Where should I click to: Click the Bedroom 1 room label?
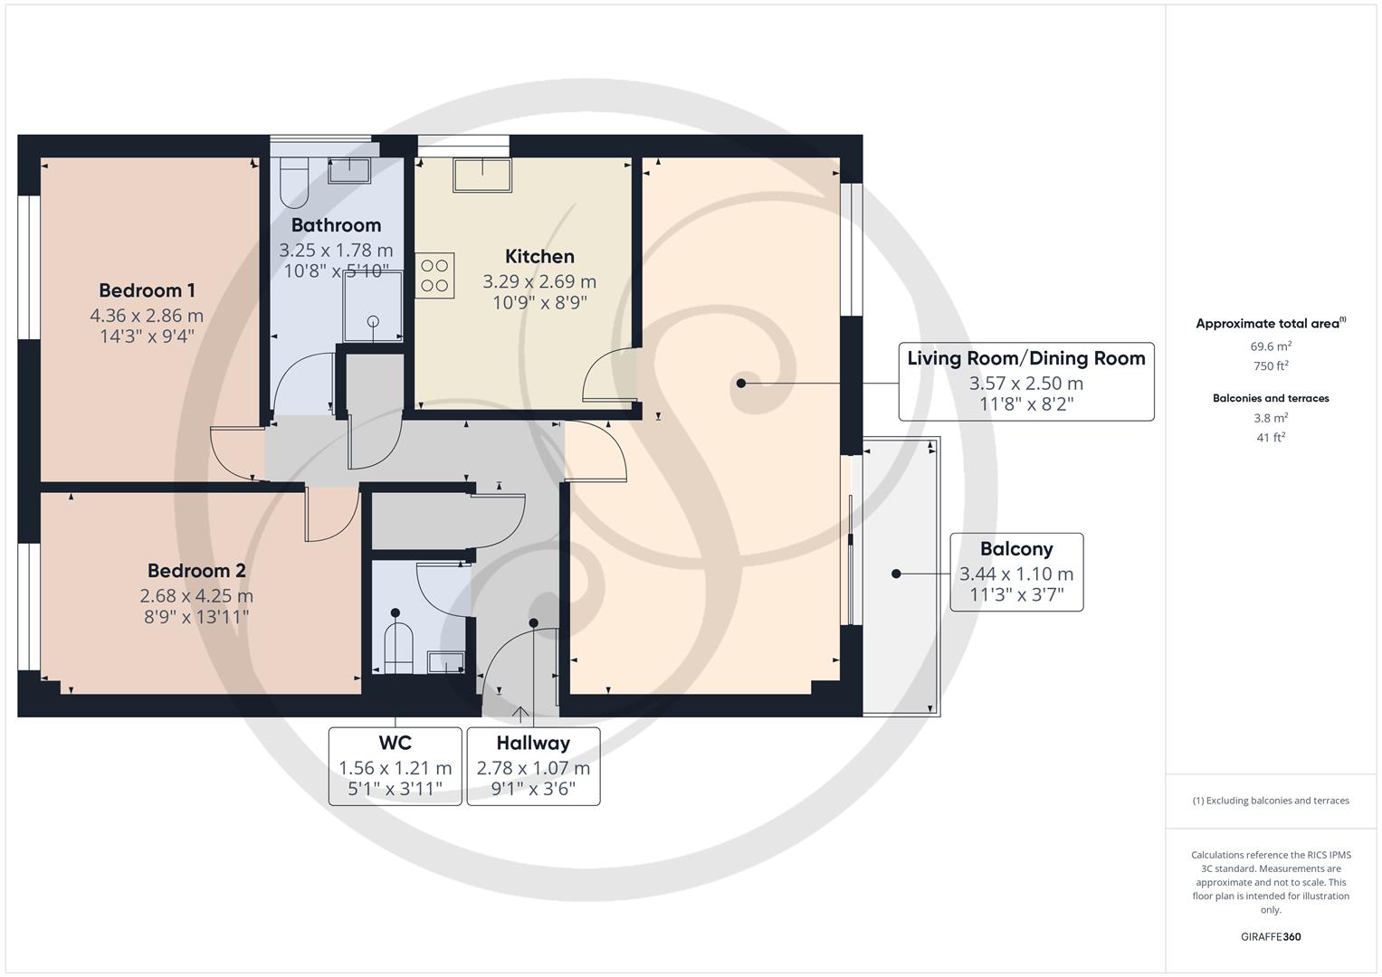(147, 290)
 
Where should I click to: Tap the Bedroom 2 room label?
(196, 571)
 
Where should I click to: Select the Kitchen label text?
(539, 257)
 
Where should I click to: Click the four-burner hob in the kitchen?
(434, 276)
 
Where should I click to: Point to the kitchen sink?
(482, 175)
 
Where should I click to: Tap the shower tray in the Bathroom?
(372, 308)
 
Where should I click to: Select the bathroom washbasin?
(348, 170)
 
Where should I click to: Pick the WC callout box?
(395, 766)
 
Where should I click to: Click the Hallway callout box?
(533, 766)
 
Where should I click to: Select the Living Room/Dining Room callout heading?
(1026, 358)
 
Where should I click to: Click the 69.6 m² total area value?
(1271, 346)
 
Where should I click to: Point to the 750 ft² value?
(1271, 366)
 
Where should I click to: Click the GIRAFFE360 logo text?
(1271, 937)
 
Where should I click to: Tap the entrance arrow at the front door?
(521, 714)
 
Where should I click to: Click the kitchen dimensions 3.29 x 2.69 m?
(539, 281)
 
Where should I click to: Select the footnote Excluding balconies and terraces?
(1271, 801)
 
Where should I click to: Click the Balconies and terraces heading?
(1271, 398)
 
